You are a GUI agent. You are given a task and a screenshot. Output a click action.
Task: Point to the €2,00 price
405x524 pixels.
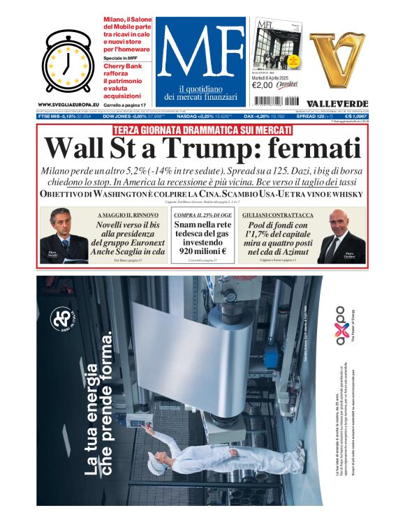(x=264, y=84)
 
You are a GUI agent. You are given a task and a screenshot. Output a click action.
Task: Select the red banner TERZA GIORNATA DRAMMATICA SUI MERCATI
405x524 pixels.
(x=202, y=130)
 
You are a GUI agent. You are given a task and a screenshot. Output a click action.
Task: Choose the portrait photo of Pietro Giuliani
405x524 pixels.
(x=341, y=237)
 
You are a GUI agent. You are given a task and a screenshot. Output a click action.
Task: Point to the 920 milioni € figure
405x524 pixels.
(x=202, y=250)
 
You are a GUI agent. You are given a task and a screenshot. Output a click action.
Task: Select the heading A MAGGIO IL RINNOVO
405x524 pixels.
(x=126, y=216)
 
